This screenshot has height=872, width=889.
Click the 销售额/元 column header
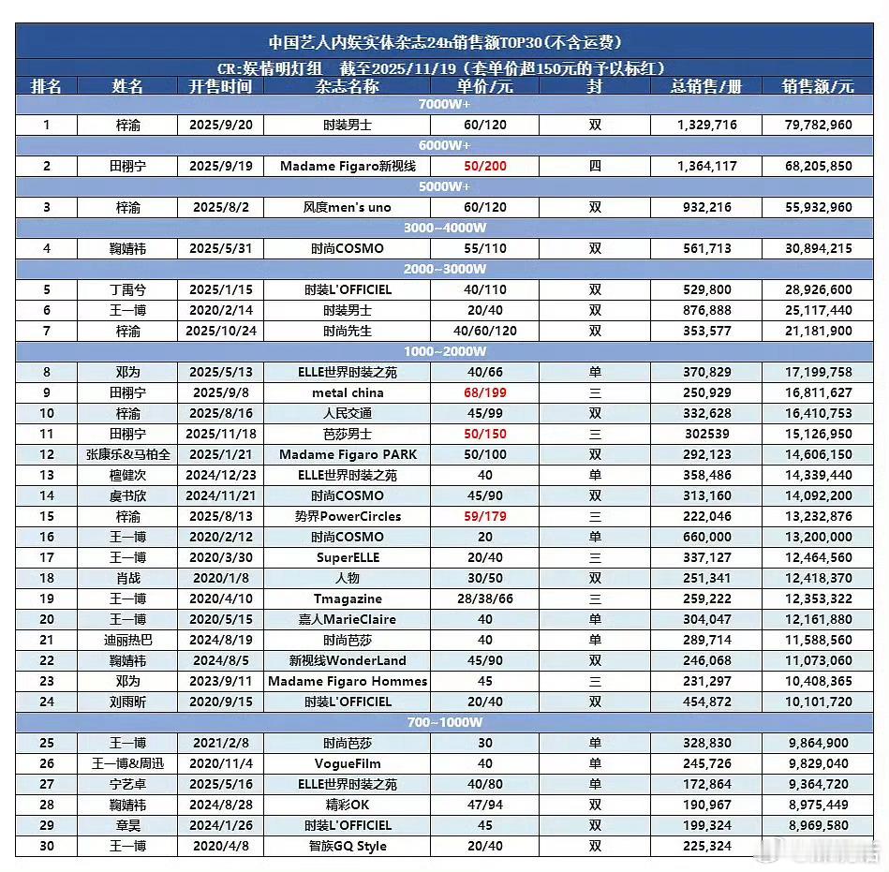[x=818, y=86]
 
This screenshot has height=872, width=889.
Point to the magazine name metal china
[x=348, y=392]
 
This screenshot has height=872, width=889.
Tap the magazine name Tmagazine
[x=348, y=599]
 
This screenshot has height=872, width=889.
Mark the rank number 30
[x=46, y=846]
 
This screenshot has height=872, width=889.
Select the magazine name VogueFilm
[x=348, y=763]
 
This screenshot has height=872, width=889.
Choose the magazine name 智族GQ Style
[x=348, y=846]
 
